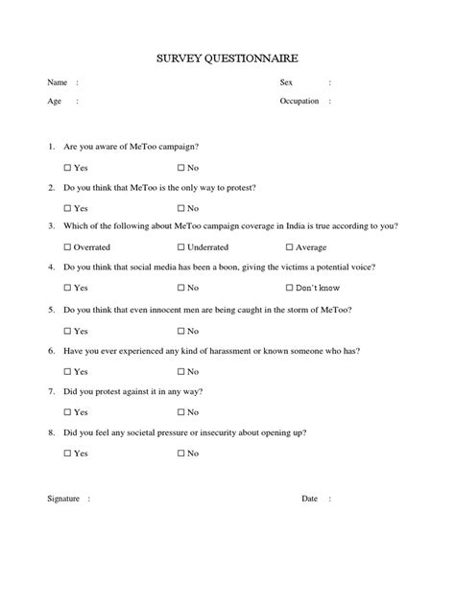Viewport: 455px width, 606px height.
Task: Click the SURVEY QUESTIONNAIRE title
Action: pyautogui.click(x=227, y=59)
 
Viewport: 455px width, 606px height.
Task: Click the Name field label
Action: pyautogui.click(x=58, y=82)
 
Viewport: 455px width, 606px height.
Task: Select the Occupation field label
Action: pyautogui.click(x=299, y=101)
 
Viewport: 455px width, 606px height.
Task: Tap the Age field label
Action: pyautogui.click(x=55, y=101)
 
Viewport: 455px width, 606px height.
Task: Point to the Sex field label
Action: pyautogui.click(x=285, y=82)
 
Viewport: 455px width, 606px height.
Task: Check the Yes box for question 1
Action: pyautogui.click(x=68, y=167)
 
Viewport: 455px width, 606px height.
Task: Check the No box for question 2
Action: pyautogui.click(x=180, y=208)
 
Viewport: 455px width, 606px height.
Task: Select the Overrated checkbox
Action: pyautogui.click(x=68, y=247)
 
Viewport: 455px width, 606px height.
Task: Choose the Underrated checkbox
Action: pyautogui.click(x=180, y=247)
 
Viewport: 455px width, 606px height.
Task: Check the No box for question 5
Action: pyautogui.click(x=180, y=330)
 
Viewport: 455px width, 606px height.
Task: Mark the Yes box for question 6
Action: pyautogui.click(x=68, y=371)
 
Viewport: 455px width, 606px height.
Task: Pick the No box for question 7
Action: pyautogui.click(x=180, y=412)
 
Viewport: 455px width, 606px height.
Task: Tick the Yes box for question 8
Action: pyautogui.click(x=68, y=453)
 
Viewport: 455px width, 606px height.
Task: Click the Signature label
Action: pyautogui.click(x=65, y=525)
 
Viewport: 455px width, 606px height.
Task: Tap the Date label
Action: pyautogui.click(x=309, y=525)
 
